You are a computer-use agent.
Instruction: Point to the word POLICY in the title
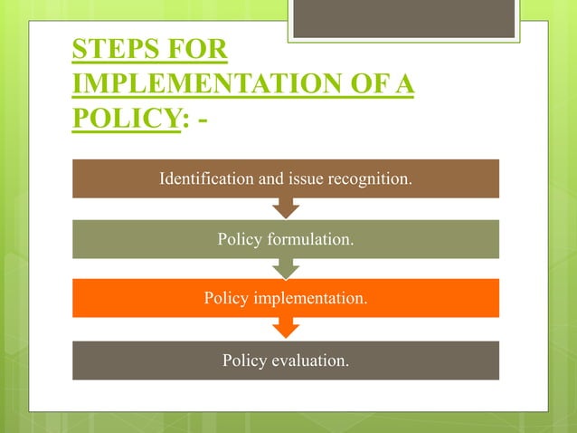pyautogui.click(x=122, y=120)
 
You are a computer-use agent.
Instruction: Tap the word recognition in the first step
pyautogui.click(x=370, y=178)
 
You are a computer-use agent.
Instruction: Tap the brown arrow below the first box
pyautogui.click(x=286, y=209)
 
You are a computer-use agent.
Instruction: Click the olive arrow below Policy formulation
pyautogui.click(x=286, y=269)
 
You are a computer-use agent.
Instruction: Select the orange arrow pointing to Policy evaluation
pyautogui.click(x=286, y=329)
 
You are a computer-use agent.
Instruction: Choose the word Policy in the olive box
pyautogui.click(x=239, y=240)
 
